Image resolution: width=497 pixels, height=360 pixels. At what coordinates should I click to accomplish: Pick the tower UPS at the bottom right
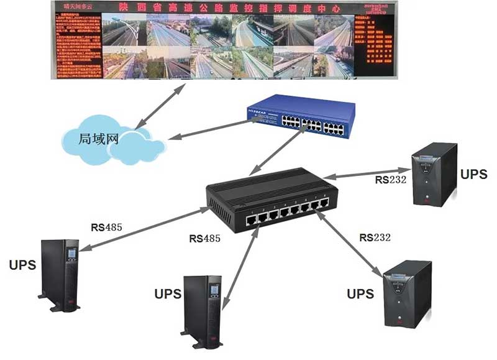coord(407,292)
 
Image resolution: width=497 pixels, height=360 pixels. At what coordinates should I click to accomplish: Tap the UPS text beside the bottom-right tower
coord(360,292)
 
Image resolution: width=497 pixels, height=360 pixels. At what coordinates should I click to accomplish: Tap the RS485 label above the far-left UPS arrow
coord(106,227)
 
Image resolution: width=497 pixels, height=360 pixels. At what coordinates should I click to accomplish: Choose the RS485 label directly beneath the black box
coord(205,238)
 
